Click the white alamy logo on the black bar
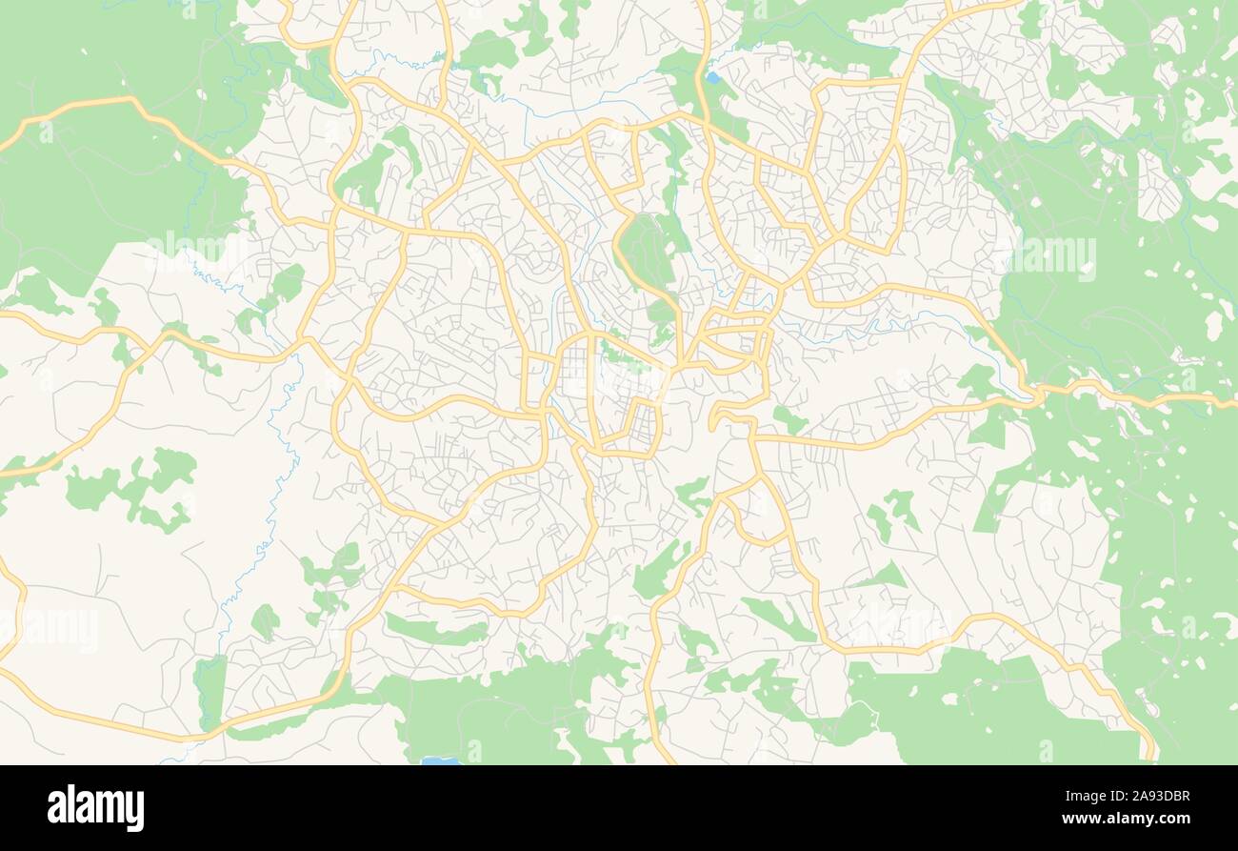95,807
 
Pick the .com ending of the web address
1171,819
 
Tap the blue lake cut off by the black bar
440,760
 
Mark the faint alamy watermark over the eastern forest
1052,257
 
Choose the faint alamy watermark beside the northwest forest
195,250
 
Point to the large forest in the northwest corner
105,172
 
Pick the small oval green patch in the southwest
265,622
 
